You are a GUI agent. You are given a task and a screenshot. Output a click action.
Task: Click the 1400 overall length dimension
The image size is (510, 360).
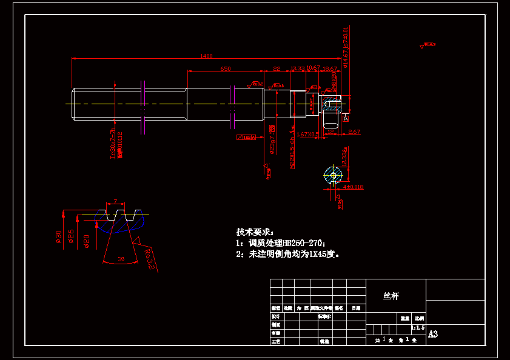click(x=206, y=56)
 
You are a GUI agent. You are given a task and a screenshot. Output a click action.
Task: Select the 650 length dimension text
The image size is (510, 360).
click(x=225, y=69)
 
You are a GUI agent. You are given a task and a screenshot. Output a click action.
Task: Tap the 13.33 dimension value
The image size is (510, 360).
click(x=298, y=68)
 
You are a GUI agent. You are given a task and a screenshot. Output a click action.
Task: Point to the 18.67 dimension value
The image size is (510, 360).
click(x=330, y=68)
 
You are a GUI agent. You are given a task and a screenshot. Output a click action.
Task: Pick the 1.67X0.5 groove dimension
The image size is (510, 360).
click(x=308, y=134)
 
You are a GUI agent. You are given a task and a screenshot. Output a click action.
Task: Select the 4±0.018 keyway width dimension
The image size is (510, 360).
click(x=352, y=187)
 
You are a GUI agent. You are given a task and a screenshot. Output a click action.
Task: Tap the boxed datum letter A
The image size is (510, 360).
click(x=345, y=118)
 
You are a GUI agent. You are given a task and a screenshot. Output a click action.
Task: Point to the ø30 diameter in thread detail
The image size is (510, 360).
click(x=59, y=235)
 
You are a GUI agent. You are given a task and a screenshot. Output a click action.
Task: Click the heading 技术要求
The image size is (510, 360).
click(x=254, y=232)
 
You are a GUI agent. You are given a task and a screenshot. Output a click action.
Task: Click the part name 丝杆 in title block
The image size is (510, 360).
click(x=391, y=296)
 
